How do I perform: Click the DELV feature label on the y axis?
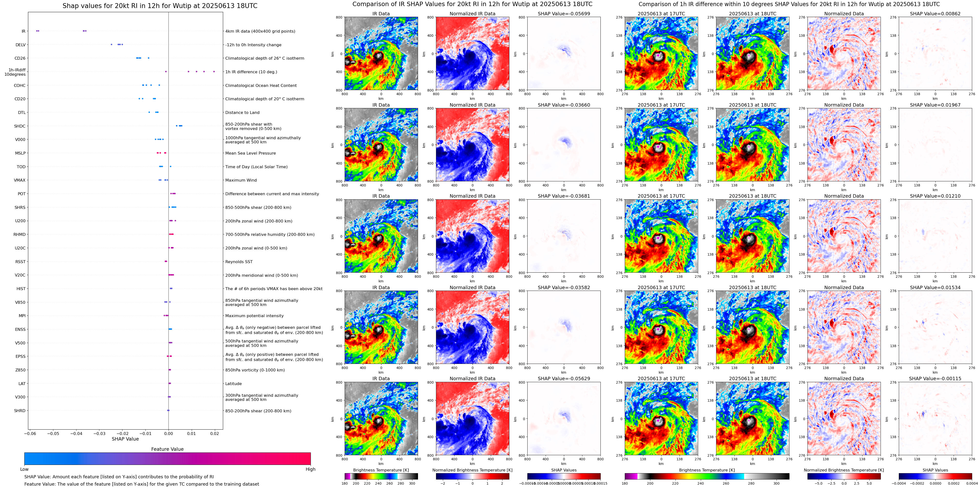coord(20,45)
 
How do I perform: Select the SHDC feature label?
coord(20,126)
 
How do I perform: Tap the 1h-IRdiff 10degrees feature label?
coord(15,72)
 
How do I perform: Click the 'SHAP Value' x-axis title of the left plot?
coord(125,439)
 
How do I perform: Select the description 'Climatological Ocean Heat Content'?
coord(261,85)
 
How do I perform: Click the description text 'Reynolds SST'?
coord(239,262)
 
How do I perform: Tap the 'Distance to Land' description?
coord(242,113)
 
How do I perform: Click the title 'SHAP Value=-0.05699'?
coord(564,14)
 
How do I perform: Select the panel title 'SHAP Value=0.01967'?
coord(935,105)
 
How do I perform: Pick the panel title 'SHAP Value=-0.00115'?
coord(935,378)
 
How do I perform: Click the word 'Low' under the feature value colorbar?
coord(24,469)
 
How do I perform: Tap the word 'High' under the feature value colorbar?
coord(311,469)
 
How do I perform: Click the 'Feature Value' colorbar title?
coord(167,449)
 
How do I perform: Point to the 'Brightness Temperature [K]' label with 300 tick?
coord(381,470)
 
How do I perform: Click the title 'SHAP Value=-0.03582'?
coord(564,287)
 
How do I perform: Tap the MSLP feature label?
coord(20,153)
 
